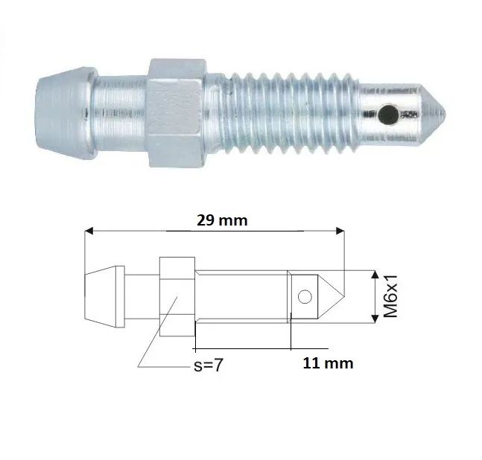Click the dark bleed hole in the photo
[388, 115]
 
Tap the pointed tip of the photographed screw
[445, 114]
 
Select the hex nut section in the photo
[177, 112]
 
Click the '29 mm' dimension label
[222, 220]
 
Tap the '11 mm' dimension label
[328, 363]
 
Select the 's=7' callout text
[208, 365]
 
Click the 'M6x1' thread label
[390, 296]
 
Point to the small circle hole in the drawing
[305, 297]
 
